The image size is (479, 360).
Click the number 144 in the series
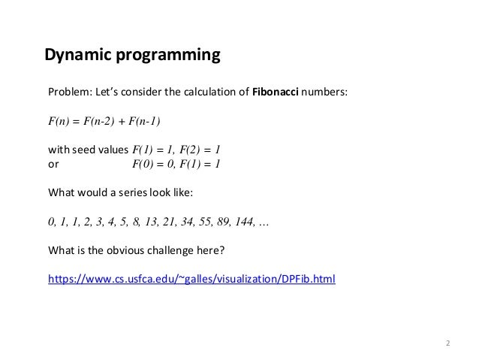pyautogui.click(x=242, y=222)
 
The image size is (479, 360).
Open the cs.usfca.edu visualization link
pyautogui.click(x=191, y=280)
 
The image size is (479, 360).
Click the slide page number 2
pyautogui.click(x=447, y=343)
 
